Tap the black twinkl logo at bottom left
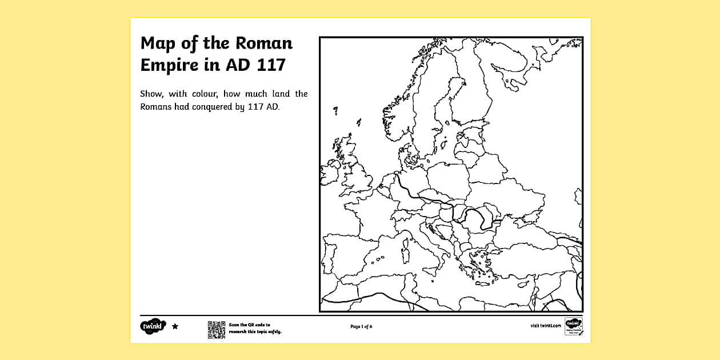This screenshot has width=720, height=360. (x=153, y=326)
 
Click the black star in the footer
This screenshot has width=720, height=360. (x=175, y=326)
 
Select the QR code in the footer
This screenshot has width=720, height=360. (x=216, y=330)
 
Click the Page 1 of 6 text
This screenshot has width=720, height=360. (x=361, y=327)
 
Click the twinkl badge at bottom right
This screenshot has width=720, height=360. (x=573, y=327)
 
